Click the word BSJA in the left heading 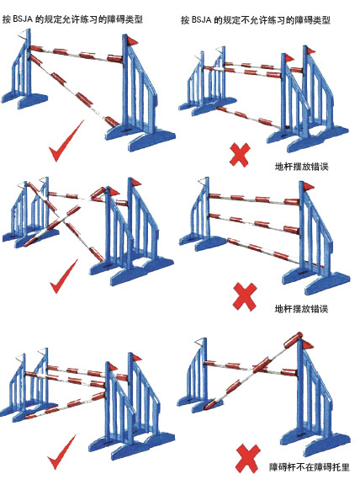click(23, 19)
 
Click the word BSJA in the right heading click(201, 20)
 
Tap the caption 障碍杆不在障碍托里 click(309, 467)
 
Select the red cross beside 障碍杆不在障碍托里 click(248, 459)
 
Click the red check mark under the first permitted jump click(66, 141)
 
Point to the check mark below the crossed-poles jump click(63, 276)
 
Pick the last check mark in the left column click(61, 452)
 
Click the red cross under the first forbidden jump click(240, 155)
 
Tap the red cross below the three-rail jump click(245, 297)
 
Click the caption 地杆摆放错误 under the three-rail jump click(301, 309)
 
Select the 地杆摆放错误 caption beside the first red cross click(301, 166)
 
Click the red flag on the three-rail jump click(308, 187)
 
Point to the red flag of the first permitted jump click(132, 40)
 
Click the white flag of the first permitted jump click(23, 35)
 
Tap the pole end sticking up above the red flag click(294, 339)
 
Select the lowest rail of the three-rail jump click(264, 253)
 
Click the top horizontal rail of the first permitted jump click(77, 53)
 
